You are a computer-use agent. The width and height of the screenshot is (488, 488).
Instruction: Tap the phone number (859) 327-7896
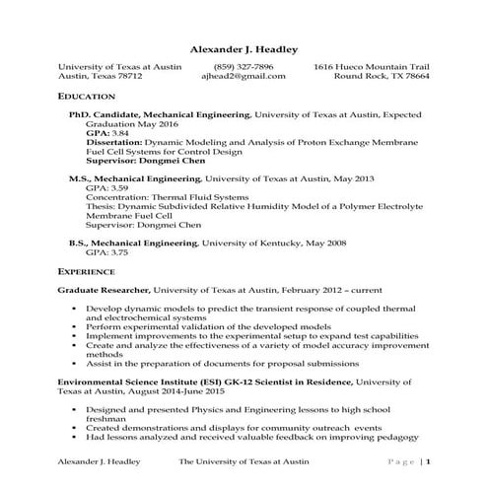point(243,66)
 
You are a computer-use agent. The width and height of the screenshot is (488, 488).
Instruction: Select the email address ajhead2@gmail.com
point(243,76)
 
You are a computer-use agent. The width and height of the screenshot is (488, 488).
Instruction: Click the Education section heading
point(87,97)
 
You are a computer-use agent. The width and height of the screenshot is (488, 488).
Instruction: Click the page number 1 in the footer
point(429,461)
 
